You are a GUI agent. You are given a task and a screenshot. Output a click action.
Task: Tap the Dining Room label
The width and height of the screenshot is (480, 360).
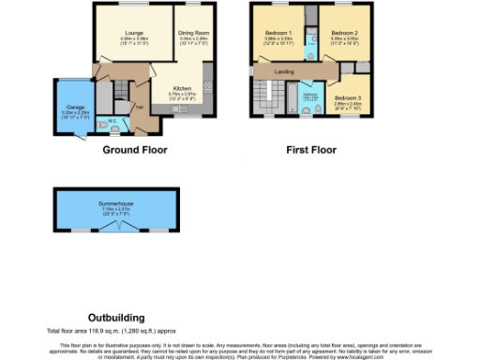(x=192, y=33)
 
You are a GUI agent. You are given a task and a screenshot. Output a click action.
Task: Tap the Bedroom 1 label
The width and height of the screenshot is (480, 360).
(x=277, y=33)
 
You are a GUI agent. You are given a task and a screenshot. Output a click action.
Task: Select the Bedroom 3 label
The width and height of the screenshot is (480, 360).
(x=346, y=97)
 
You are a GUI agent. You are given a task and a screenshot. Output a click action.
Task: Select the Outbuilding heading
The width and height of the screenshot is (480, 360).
(x=116, y=318)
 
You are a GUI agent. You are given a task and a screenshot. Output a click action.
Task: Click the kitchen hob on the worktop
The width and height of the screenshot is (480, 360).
(x=208, y=86)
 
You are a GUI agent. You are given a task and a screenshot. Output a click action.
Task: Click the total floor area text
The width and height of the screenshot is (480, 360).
(x=112, y=331)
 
